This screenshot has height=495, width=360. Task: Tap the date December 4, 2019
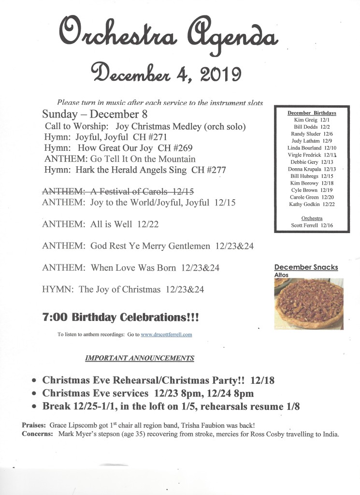click(166, 74)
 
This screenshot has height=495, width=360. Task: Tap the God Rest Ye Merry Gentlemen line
click(148, 246)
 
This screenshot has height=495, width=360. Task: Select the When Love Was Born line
click(130, 268)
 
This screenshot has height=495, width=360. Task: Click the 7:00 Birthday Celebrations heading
click(120, 318)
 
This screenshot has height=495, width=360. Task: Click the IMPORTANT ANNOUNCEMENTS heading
click(140, 358)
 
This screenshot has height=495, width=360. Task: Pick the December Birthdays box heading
click(312, 113)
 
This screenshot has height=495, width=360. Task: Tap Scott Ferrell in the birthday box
click(312, 225)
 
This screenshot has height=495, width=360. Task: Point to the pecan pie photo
click(309, 304)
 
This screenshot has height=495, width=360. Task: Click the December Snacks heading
click(306, 267)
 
